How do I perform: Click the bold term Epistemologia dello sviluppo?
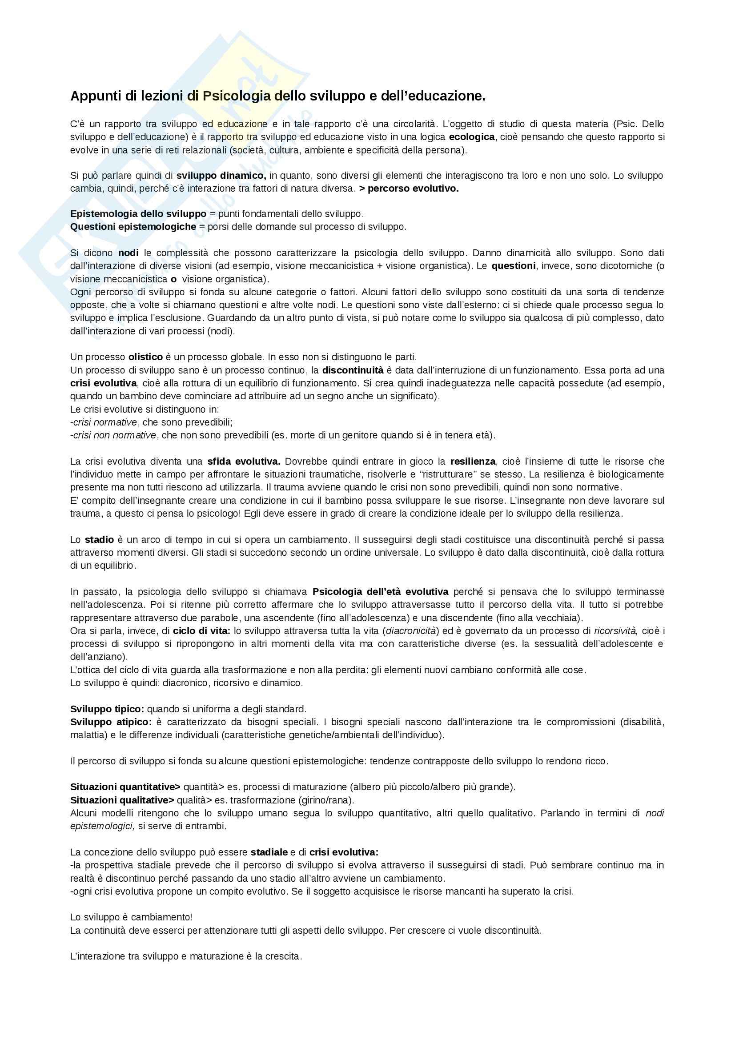(138, 214)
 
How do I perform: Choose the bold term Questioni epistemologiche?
(133, 226)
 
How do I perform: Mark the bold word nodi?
(129, 253)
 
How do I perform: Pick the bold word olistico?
(145, 357)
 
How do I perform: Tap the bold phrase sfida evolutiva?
(244, 462)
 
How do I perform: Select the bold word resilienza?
(473, 462)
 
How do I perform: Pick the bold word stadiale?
(269, 852)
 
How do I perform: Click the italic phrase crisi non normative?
(115, 435)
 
